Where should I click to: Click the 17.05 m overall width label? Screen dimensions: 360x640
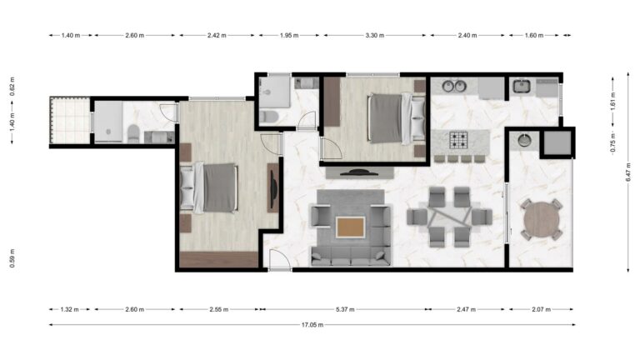click(x=312, y=325)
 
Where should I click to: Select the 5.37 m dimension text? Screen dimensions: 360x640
click(x=344, y=309)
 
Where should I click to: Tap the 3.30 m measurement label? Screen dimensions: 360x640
click(x=377, y=36)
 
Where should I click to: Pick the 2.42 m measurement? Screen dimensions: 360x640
click(x=217, y=36)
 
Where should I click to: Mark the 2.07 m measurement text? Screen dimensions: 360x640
click(x=542, y=309)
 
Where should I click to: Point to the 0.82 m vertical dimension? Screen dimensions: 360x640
click(x=12, y=92)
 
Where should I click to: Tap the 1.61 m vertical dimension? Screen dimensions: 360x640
click(x=612, y=100)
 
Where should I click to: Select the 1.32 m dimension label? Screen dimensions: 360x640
click(x=70, y=309)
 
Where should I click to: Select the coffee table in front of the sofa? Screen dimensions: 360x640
click(x=351, y=226)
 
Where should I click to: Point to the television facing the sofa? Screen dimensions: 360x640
click(x=359, y=172)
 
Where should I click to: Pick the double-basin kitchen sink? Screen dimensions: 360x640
click(x=454, y=86)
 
